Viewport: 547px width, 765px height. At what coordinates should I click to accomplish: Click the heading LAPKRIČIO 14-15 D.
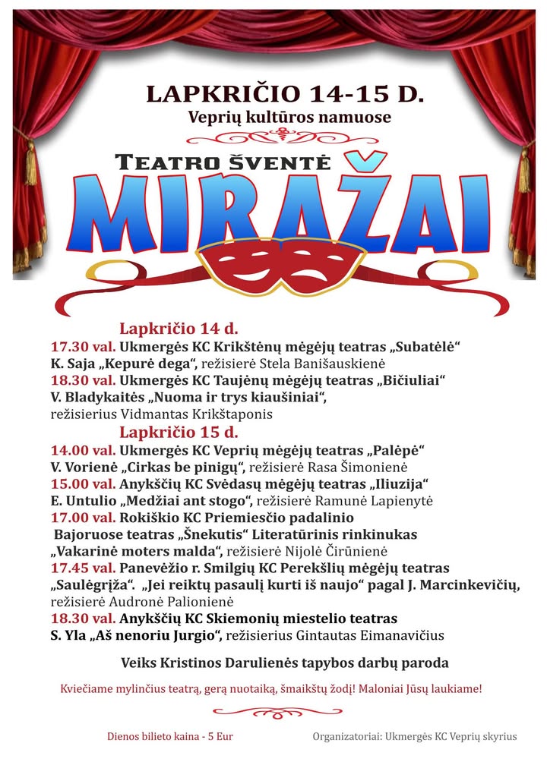click(x=285, y=94)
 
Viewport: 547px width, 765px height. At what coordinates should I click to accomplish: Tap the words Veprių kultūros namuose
click(x=290, y=118)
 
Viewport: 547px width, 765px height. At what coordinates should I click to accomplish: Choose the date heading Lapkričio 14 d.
click(x=179, y=329)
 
